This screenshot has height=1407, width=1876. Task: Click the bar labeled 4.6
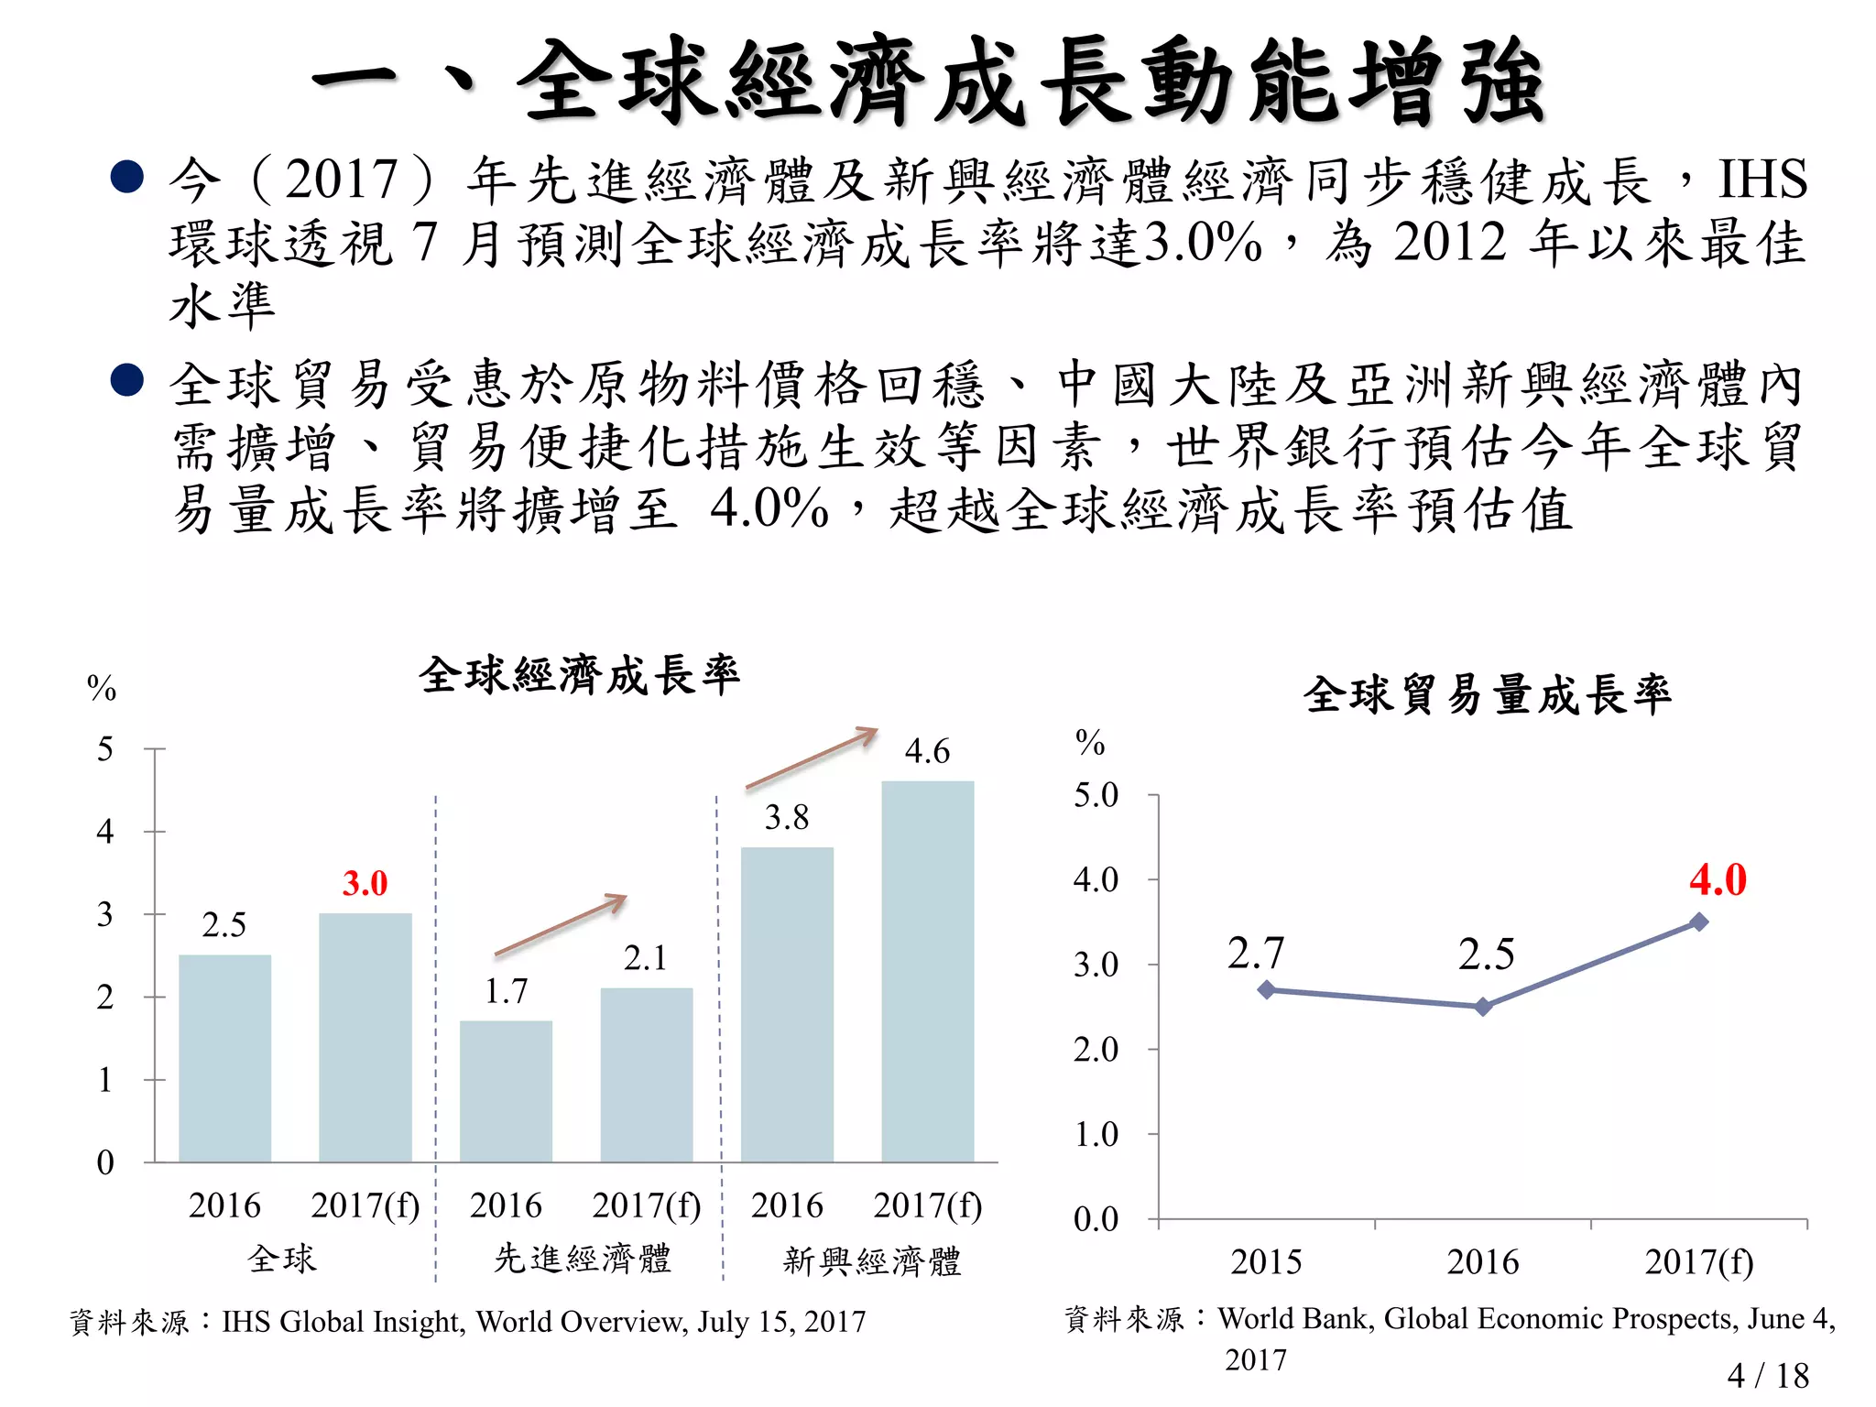[927, 971]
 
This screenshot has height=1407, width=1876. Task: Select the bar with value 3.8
[787, 1004]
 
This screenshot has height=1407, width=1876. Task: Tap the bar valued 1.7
[506, 1091]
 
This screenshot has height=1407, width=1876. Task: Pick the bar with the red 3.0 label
[365, 1037]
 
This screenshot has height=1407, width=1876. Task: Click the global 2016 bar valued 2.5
[224, 1058]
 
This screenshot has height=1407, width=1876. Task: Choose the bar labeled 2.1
[646, 1074]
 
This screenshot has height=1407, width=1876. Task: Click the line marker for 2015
[1267, 989]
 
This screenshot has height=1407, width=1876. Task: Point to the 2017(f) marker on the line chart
[1699, 922]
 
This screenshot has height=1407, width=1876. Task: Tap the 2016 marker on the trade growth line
[1483, 1007]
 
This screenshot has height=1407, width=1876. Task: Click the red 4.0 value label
[1718, 879]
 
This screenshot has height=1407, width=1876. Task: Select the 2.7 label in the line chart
[1256, 954]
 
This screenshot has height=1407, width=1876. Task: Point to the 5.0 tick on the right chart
[1096, 795]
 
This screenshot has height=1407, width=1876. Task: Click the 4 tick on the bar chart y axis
[105, 832]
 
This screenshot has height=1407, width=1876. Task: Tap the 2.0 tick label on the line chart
[1096, 1049]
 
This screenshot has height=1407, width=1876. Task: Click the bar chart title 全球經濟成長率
[579, 676]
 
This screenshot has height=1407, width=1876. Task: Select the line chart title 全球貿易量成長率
[1487, 695]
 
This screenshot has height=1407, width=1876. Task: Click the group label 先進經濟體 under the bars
[583, 1259]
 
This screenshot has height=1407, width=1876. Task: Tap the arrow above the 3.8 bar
[812, 758]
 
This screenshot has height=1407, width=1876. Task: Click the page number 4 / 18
[1767, 1375]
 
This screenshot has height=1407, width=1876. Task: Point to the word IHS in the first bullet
[1761, 179]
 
